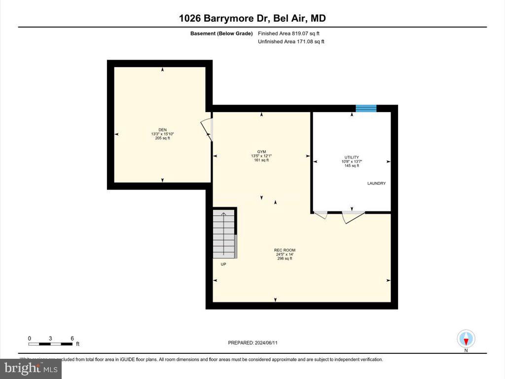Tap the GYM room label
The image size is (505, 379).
261,152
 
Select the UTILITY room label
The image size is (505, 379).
352,157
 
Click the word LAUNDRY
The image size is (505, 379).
376,184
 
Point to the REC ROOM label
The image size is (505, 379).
285,250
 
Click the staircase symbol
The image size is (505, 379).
224,234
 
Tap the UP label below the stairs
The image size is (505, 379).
223,265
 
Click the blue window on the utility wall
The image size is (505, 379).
366,108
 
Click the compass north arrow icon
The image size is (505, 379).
466,339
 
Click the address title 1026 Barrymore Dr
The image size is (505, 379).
252,19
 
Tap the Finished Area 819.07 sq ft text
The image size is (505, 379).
292,34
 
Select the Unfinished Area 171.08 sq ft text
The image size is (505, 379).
291,42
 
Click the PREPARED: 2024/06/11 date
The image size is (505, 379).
252,342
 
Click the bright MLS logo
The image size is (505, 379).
31,369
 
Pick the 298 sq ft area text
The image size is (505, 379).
285,259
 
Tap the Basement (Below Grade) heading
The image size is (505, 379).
221,34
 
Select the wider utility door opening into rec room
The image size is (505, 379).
353,217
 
